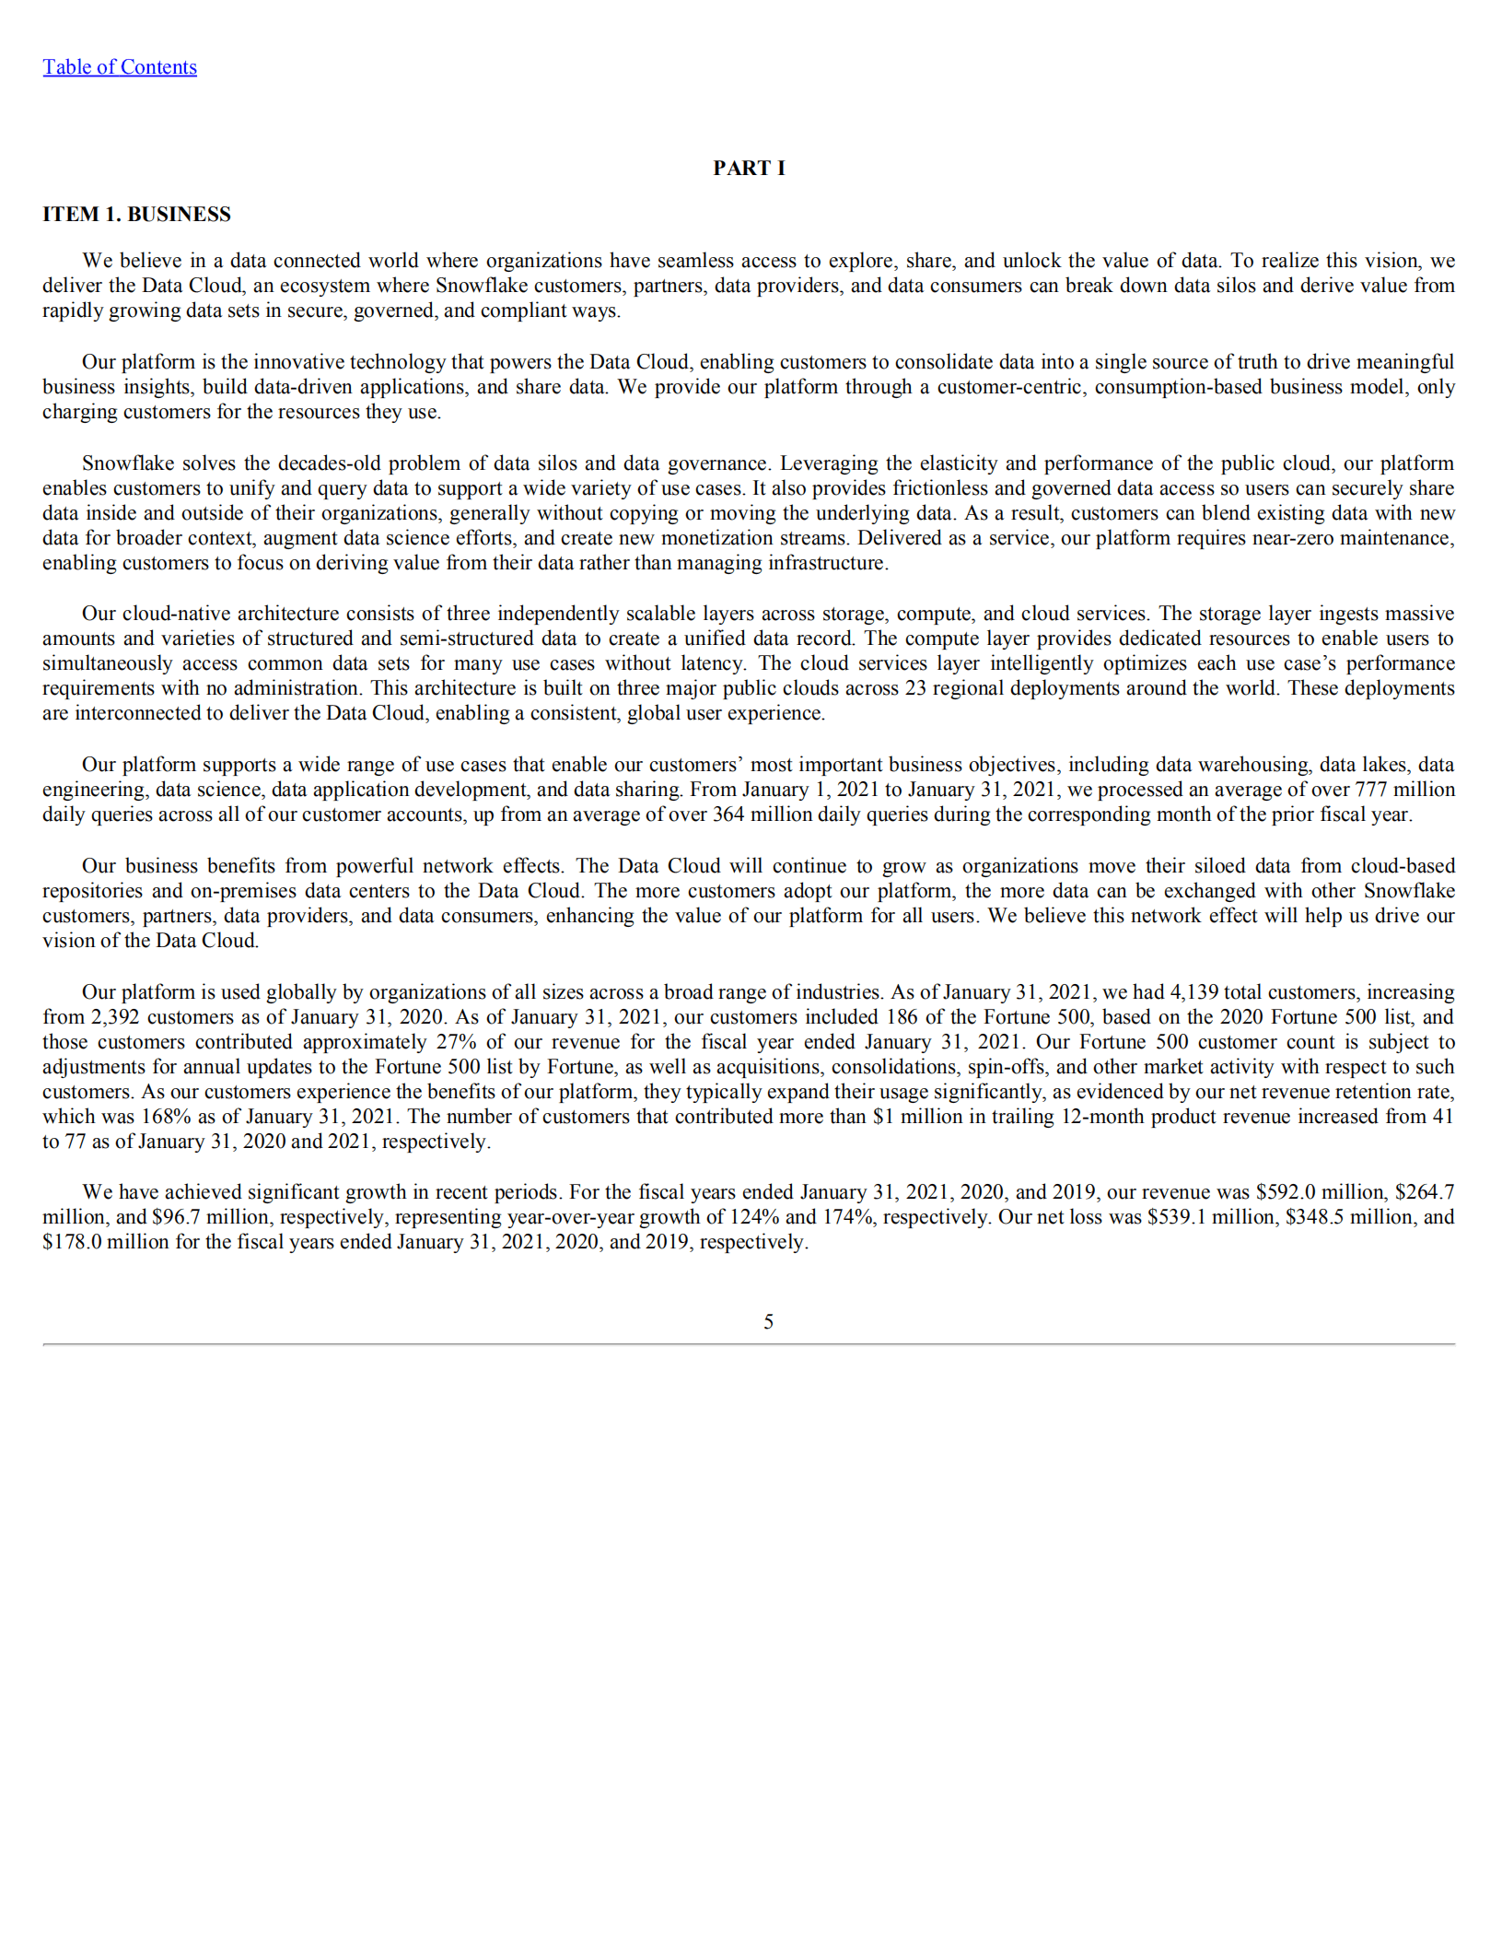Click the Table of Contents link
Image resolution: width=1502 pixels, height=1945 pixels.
(120, 67)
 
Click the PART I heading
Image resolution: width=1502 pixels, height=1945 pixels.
(749, 168)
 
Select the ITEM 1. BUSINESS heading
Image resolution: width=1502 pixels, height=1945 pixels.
(136, 214)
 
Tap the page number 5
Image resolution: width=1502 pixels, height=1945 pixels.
(768, 1321)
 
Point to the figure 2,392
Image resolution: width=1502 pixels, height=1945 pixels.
(115, 1016)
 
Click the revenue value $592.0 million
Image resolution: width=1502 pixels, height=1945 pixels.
(1287, 1191)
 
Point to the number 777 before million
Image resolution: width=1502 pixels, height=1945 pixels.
(1372, 789)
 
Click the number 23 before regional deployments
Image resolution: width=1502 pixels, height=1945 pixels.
(915, 687)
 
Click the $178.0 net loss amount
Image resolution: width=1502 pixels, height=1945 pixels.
(72, 1241)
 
